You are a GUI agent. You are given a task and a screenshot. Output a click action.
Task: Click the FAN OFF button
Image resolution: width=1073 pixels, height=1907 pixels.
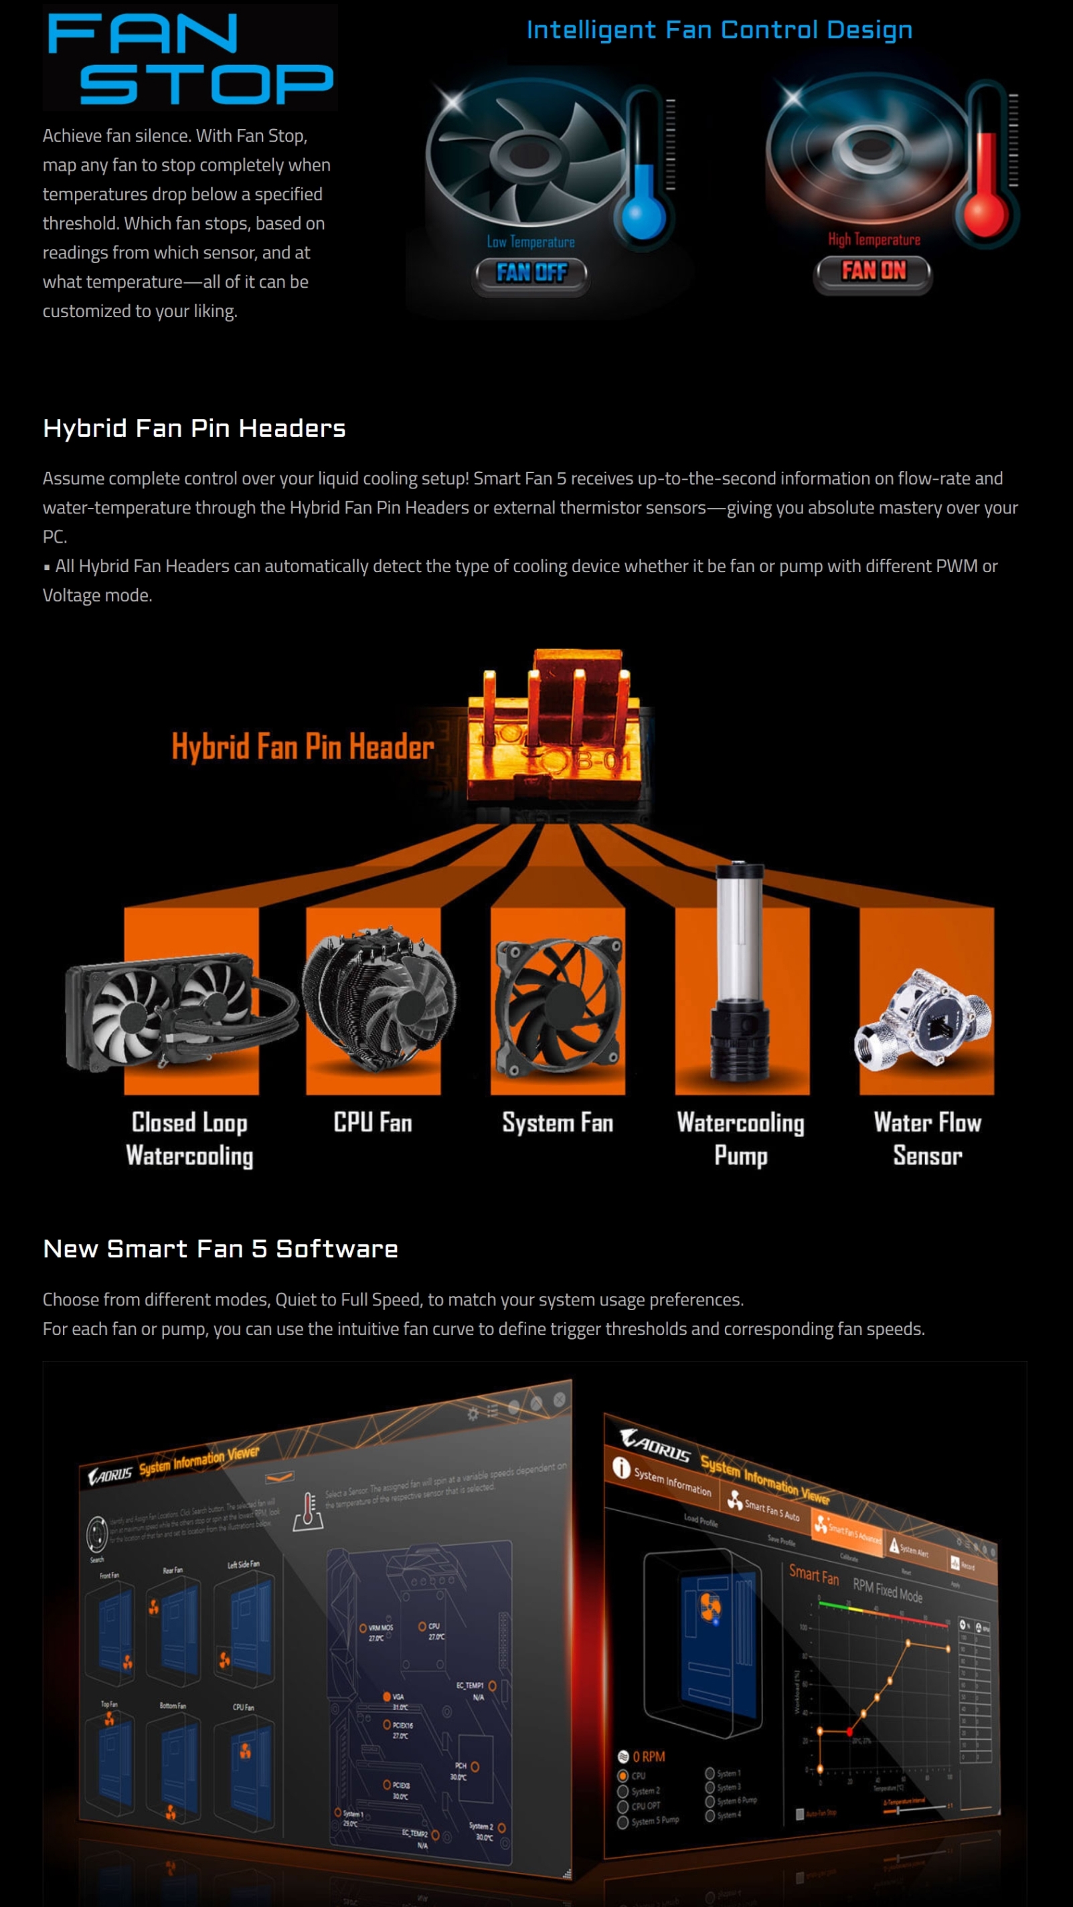pos(531,273)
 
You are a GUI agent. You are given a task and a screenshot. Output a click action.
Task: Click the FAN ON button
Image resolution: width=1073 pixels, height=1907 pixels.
pos(873,272)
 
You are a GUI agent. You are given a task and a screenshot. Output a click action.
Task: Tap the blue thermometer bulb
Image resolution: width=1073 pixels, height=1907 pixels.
pos(642,215)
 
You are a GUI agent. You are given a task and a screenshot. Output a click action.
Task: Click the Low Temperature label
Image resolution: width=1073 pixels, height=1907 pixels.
pos(530,242)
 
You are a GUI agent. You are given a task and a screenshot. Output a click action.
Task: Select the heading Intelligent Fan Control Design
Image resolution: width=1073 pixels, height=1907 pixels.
pos(718,30)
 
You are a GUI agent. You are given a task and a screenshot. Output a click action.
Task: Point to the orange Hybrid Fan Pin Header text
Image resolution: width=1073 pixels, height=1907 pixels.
pos(302,747)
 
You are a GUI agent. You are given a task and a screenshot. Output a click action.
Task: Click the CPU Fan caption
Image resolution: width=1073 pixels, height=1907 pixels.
pos(372,1123)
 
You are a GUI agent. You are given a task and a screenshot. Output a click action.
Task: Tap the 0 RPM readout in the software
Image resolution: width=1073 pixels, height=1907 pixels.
pos(648,1756)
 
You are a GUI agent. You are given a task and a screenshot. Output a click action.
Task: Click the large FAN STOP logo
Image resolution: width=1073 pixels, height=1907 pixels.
pos(189,58)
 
